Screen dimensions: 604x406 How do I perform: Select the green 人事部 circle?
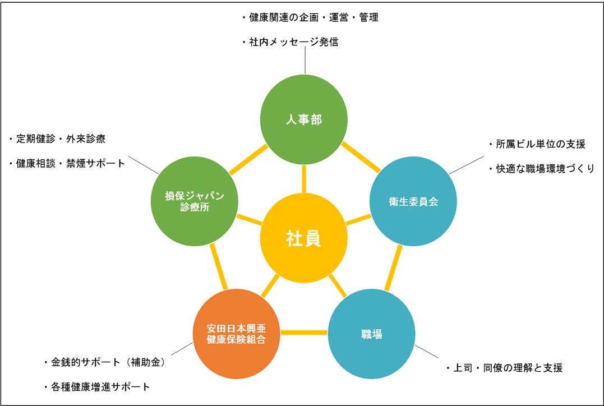point(304,120)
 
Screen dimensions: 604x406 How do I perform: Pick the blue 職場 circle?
point(371,335)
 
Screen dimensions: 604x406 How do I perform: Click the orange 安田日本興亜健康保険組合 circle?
point(236,333)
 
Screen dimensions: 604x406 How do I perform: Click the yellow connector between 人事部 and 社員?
point(304,179)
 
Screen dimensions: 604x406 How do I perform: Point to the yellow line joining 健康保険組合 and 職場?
point(303,333)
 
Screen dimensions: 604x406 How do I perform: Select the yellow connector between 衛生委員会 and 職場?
point(394,268)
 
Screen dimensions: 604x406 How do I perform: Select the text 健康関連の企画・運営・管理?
point(310,17)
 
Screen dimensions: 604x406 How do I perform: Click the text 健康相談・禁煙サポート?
point(67,163)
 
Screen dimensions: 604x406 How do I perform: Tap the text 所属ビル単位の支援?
point(537,144)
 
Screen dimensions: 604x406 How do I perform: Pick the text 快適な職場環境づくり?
point(541,168)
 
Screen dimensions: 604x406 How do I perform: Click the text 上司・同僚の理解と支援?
point(504,368)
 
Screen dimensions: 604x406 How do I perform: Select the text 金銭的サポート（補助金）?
point(107,362)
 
